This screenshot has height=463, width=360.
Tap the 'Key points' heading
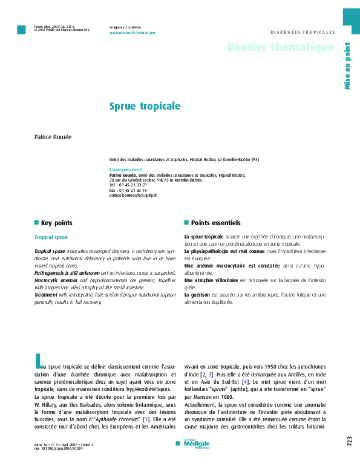click(x=56, y=223)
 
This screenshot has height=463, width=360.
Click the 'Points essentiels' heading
click(x=215, y=223)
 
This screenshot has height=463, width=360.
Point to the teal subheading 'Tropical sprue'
click(x=51, y=237)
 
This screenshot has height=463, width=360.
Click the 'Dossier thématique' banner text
click(x=281, y=47)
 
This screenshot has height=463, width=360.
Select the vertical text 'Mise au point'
click(x=347, y=66)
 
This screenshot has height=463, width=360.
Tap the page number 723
click(x=349, y=442)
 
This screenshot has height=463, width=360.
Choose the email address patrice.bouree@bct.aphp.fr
click(x=133, y=195)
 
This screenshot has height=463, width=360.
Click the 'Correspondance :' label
click(x=126, y=169)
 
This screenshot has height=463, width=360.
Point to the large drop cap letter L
click(x=39, y=363)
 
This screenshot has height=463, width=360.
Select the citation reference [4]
click(x=245, y=383)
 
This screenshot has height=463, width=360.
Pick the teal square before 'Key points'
click(x=36, y=223)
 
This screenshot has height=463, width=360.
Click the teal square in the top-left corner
click(x=21, y=30)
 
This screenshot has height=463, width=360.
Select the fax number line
click(x=128, y=190)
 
